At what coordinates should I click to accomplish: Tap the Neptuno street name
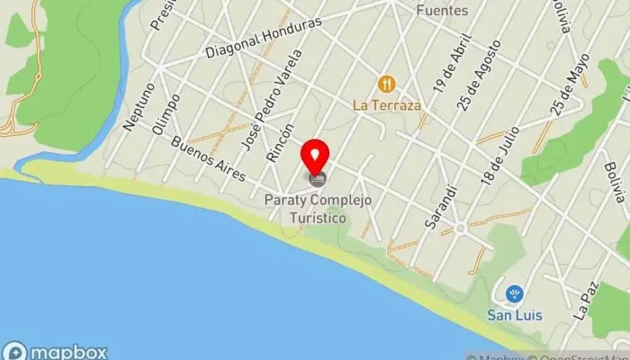point(137,107)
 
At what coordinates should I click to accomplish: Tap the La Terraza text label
point(388,104)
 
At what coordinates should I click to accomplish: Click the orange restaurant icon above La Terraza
point(388,85)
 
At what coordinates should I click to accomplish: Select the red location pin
point(316,157)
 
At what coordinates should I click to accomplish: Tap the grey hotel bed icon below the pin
point(316,179)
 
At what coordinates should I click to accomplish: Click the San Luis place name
point(514,315)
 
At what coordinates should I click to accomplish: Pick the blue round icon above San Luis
point(514,293)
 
